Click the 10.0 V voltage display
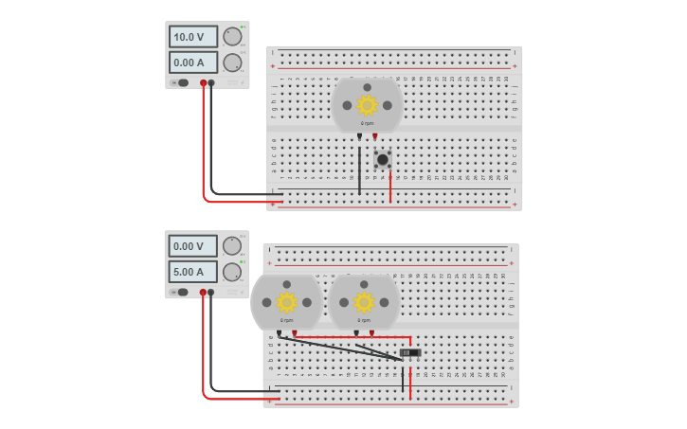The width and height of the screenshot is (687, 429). [192, 37]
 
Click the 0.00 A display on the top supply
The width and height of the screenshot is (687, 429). [192, 63]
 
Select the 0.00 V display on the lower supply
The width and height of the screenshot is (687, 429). [192, 246]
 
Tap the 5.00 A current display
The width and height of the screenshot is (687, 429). [192, 272]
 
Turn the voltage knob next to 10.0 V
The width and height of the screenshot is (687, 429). [232, 37]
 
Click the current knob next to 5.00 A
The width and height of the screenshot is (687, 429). [232, 272]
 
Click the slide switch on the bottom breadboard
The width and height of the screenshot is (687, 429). [410, 353]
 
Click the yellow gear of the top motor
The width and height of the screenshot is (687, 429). [367, 104]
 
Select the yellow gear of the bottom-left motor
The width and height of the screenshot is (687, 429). [286, 302]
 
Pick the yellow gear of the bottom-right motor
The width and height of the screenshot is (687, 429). [364, 302]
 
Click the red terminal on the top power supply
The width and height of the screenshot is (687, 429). [203, 83]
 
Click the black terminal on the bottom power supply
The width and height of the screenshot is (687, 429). [210, 293]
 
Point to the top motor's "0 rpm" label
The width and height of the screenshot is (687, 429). [367, 123]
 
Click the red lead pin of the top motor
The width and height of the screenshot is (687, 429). [374, 136]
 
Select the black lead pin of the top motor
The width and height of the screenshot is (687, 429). [359, 136]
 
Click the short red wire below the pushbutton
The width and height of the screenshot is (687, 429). [390, 187]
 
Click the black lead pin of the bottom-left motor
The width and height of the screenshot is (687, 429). [279, 333]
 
